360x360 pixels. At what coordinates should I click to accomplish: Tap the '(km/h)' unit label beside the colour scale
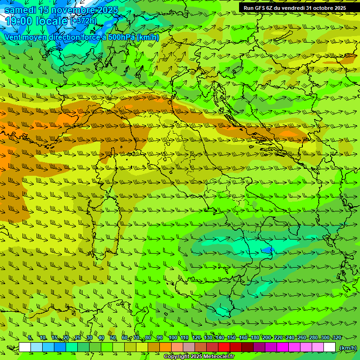tap(348, 348)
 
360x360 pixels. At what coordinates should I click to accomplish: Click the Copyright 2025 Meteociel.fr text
tap(199, 357)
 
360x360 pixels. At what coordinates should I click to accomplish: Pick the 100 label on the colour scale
tap(173, 337)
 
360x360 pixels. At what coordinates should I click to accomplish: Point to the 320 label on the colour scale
tap(337, 337)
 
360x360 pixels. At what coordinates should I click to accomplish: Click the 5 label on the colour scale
tap(30, 337)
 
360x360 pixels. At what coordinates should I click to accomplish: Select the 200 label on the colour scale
tap(267, 337)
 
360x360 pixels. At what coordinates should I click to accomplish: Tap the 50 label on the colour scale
tap(113, 337)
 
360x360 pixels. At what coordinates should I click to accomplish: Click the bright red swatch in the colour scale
tap(224, 347)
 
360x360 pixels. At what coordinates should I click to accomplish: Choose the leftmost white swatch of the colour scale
tap(25, 347)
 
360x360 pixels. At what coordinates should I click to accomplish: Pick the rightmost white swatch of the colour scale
tap(330, 347)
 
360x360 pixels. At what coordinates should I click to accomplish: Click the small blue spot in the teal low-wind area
tap(268, 249)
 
